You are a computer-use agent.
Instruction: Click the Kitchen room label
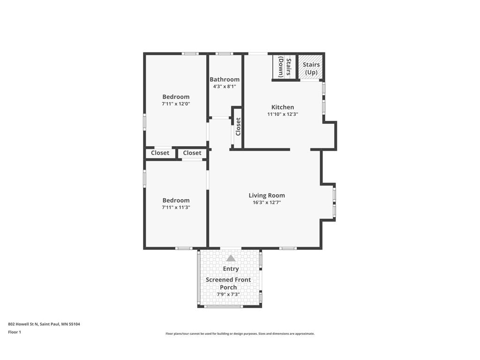pos(283,107)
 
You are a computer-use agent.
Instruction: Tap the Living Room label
pos(266,195)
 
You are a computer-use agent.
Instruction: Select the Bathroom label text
pos(225,80)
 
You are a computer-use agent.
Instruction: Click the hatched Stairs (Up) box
pos(311,68)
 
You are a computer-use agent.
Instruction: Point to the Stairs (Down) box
pos(285,67)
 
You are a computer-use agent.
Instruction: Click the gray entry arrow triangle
pos(231,258)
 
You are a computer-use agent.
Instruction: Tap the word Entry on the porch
pos(231,269)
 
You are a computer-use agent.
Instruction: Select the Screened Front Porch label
pos(228,283)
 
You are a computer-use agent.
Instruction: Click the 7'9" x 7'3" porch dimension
pos(228,294)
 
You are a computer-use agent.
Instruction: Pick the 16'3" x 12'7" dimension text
pos(266,202)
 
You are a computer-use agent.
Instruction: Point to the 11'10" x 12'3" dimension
pos(283,114)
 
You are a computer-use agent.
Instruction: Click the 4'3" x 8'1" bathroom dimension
pos(225,86)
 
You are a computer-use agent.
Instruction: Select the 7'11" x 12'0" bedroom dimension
pos(176,104)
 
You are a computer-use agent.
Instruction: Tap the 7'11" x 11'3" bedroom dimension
pos(176,207)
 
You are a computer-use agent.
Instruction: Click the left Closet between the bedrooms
pos(160,153)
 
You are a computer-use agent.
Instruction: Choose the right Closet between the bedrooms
pos(192,153)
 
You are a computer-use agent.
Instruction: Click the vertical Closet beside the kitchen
pos(238,127)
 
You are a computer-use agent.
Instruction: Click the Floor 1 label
pos(15,332)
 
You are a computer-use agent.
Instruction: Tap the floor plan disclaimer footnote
pos(240,334)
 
